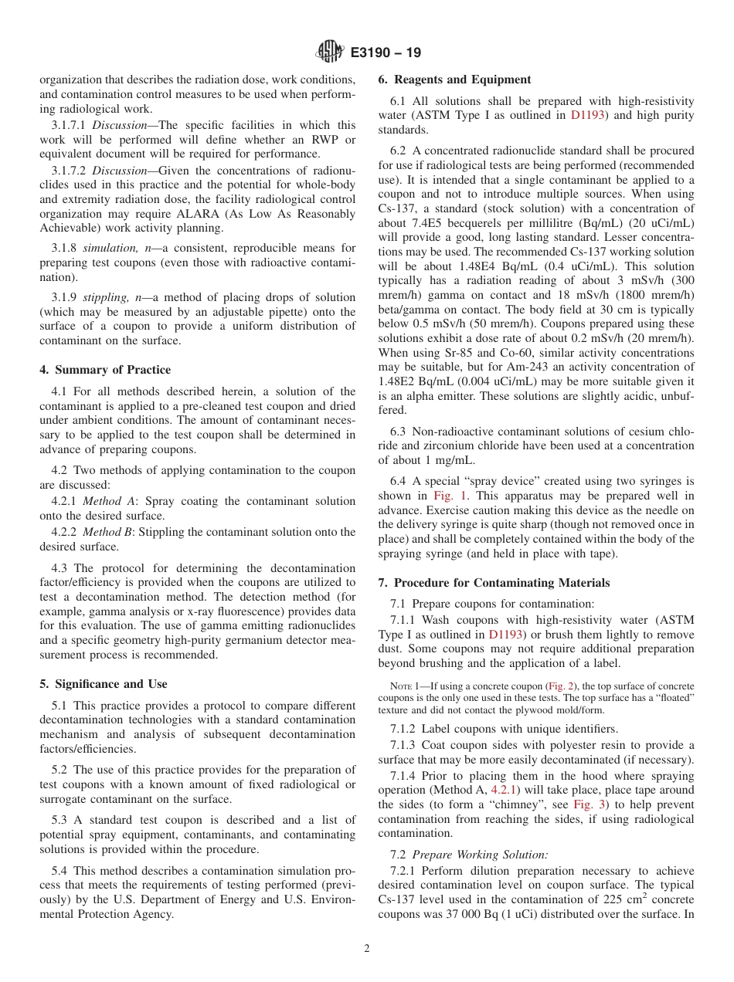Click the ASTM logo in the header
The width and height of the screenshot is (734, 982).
pos(330,52)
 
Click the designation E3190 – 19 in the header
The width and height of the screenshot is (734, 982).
pos(386,53)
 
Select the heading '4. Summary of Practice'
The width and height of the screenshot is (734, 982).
pos(105,370)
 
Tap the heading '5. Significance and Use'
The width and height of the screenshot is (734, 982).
pos(104,684)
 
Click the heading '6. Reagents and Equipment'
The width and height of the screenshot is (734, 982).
pos(454,80)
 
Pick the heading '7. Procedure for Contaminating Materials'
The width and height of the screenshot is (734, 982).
pos(494,583)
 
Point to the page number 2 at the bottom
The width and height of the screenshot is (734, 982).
pos(366,949)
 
